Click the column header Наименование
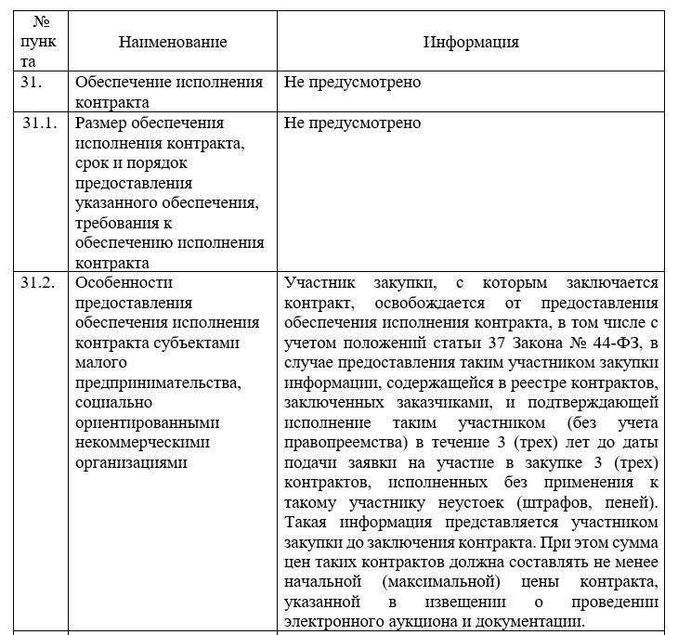(173, 42)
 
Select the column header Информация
(471, 42)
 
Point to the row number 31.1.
(41, 123)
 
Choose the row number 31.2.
(41, 282)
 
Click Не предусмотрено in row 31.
(353, 82)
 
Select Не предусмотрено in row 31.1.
(353, 123)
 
